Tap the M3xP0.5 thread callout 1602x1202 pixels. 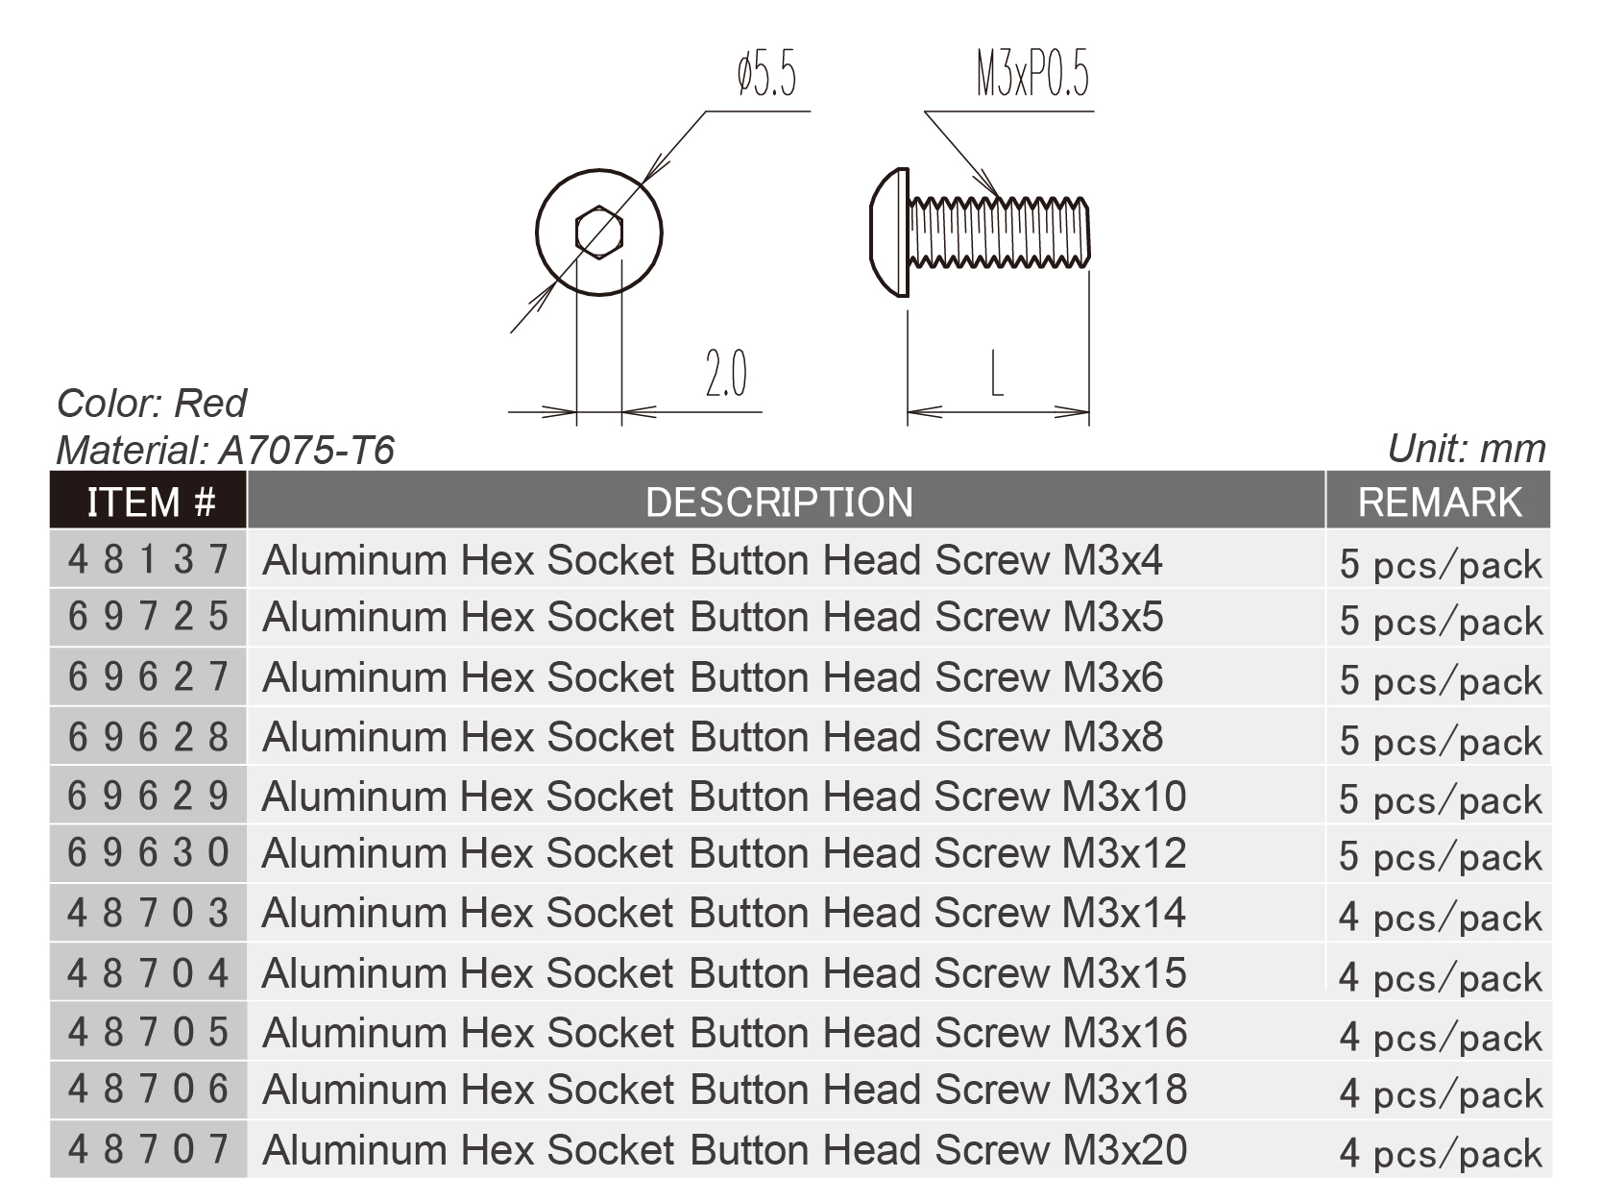pos(1033,75)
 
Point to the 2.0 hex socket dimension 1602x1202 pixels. pos(726,374)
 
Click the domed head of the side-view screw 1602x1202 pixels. pos(889,233)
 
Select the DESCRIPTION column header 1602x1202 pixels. pos(779,502)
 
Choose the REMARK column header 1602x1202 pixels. pos(1440,502)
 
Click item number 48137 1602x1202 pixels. pos(149,559)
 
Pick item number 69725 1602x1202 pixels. pos(149,617)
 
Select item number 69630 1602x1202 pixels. pos(149,853)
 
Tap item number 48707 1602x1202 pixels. pos(149,1149)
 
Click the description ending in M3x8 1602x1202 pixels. pos(713,737)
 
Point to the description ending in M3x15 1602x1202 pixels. pos(724,973)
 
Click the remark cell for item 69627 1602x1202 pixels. pos(1441,681)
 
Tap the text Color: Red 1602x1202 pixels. pos(152,403)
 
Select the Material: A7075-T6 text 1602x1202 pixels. pos(226,450)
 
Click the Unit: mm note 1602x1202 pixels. pos(1467,449)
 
